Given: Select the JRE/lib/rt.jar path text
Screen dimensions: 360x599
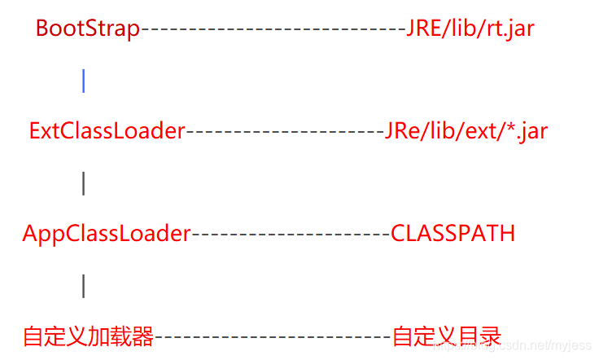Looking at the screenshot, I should click(470, 29).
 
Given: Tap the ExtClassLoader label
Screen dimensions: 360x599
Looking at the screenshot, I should click(107, 131).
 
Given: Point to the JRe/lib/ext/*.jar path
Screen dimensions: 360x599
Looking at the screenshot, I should click(466, 131).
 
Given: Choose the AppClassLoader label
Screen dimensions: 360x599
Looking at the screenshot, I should click(106, 234).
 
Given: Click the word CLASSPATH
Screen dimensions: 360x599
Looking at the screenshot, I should click(453, 234).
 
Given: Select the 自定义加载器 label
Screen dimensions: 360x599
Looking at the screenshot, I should click(88, 336).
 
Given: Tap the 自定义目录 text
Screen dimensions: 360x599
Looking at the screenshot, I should click(447, 336).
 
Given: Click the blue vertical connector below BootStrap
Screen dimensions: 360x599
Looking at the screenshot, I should click(84, 80).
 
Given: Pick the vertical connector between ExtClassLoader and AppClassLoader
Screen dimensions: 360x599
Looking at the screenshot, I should click(84, 183).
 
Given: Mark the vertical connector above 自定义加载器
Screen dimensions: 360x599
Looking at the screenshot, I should click(84, 286).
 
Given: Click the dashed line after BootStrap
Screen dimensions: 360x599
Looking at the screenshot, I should click(273, 29).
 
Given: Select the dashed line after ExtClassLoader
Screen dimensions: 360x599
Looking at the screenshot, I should click(285, 132).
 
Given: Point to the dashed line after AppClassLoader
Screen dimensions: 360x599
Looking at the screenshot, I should click(291, 235).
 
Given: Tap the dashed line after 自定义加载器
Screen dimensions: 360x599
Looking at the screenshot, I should click(273, 336).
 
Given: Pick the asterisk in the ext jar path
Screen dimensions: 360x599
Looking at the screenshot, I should click(510, 126).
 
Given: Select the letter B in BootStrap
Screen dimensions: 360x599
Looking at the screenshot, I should click(42, 29).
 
